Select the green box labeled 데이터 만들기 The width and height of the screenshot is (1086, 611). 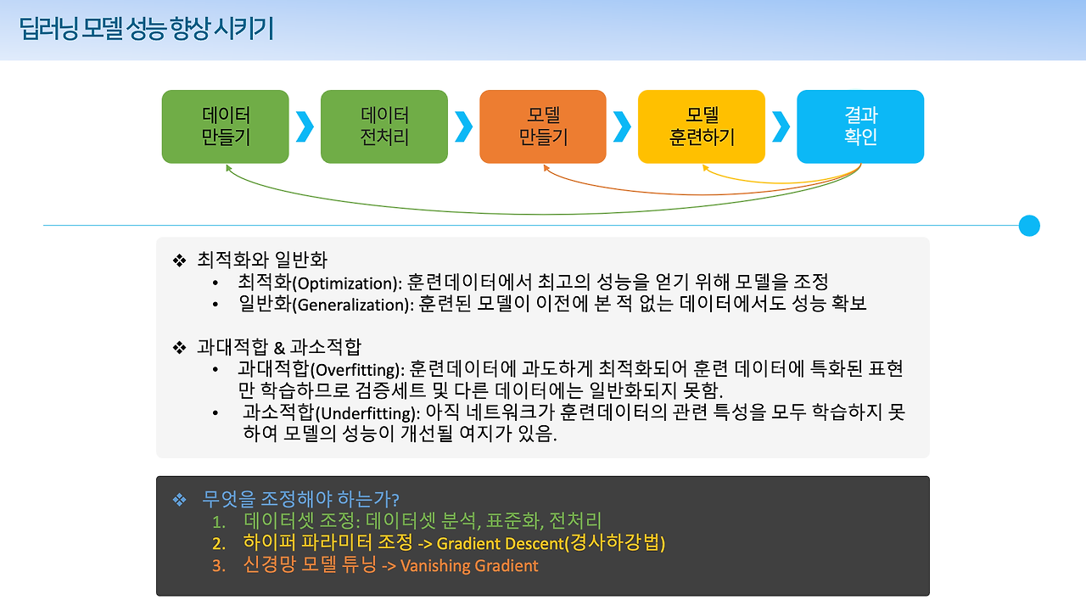(226, 126)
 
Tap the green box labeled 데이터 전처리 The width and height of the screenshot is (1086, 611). (384, 126)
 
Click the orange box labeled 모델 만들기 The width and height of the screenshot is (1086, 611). (543, 126)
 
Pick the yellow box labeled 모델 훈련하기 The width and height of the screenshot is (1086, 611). (702, 126)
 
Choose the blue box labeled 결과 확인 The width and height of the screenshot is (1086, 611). (860, 126)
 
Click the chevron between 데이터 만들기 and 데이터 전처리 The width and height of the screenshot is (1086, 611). (305, 126)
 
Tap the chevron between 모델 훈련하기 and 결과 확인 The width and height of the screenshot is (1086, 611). (781, 126)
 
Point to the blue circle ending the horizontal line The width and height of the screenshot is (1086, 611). (1029, 226)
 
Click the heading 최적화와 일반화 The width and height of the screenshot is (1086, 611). (262, 259)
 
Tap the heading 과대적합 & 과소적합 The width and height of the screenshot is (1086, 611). (279, 347)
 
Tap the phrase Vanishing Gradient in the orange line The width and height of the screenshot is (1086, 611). (469, 566)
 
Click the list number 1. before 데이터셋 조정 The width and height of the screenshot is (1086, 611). (219, 521)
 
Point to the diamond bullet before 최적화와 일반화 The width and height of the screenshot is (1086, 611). (179, 260)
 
